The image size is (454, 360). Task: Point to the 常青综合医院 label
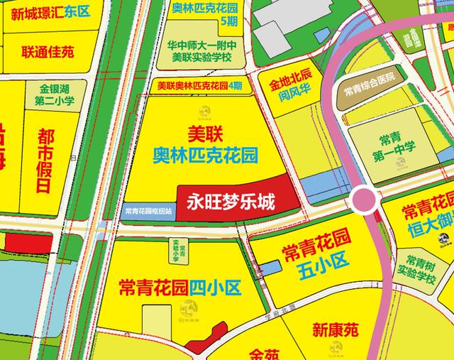coord(370,90)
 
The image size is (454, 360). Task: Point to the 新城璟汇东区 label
coord(50,13)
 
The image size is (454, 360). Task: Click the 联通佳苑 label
coord(48,52)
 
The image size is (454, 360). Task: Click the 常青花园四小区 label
coord(181,288)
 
